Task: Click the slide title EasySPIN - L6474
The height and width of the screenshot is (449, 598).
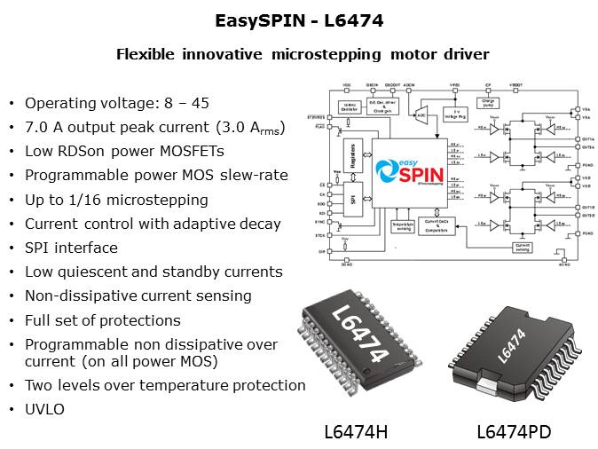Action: (299, 20)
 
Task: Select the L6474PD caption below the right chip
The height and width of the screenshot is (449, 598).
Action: (513, 432)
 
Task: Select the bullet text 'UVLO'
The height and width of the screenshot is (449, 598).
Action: (42, 409)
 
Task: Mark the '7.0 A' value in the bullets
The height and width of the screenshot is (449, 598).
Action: (44, 127)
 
